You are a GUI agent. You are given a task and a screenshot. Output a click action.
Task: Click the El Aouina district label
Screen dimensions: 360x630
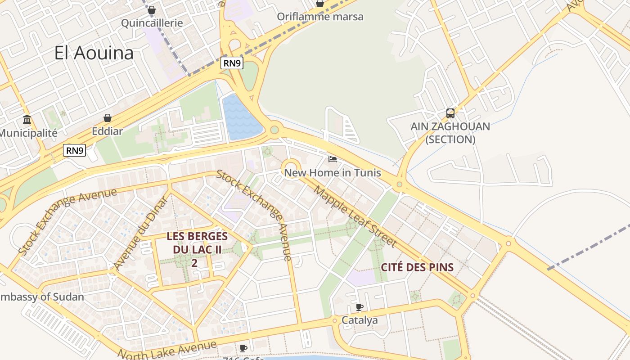[94, 53]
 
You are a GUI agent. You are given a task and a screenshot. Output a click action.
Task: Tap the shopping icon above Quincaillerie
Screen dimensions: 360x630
[152, 10]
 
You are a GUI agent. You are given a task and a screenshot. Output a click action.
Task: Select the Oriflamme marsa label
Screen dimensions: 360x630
[320, 17]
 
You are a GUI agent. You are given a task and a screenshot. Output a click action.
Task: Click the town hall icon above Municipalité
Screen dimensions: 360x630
[27, 120]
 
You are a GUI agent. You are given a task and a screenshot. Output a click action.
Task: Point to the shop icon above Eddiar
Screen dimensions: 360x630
[108, 118]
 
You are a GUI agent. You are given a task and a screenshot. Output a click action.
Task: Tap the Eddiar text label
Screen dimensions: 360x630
[107, 131]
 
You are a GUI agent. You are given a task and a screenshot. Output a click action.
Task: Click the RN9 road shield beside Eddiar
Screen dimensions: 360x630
[74, 150]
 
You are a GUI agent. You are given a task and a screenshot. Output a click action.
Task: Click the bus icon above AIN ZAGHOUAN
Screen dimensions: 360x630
[450, 113]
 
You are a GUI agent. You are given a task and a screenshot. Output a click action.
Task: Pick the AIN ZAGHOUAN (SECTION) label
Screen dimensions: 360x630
[450, 133]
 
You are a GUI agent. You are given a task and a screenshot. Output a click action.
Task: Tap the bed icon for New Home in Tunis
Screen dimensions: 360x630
[333, 159]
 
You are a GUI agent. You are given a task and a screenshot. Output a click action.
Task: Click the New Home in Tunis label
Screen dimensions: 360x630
[333, 173]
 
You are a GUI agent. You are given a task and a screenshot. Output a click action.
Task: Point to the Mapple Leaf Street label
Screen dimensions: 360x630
[355, 216]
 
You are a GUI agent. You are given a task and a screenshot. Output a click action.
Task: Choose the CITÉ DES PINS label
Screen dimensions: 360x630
[417, 267]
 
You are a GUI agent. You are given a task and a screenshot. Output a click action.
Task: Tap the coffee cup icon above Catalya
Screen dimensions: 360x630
[359, 307]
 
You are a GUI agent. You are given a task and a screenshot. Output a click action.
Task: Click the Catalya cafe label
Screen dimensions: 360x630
[360, 320]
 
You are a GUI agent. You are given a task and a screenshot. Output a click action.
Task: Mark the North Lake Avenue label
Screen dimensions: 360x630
[167, 349]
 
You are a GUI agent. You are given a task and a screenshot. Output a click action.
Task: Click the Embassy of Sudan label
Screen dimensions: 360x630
[42, 297]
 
